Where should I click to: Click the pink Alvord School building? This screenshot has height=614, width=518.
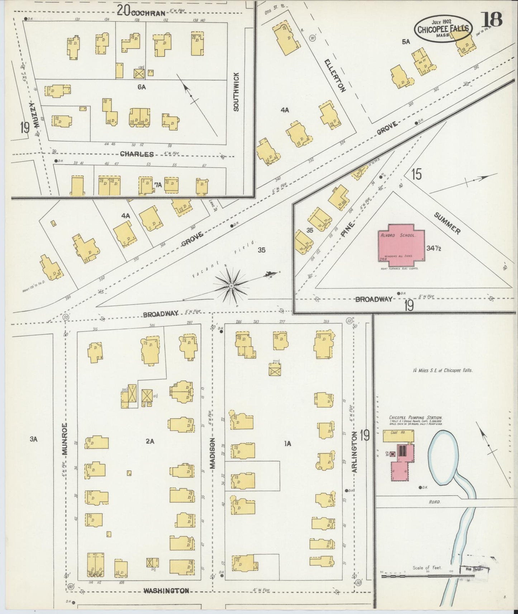pos(401,243)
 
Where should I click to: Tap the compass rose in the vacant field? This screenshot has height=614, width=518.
pos(232,286)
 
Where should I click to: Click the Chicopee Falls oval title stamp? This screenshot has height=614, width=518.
pos(443,29)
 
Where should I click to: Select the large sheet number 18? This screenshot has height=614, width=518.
pos(493,20)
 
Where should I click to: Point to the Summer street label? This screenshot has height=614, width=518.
pos(447,224)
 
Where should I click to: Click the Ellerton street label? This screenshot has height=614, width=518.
pos(335,76)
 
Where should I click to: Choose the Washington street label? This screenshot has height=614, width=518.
pos(166,591)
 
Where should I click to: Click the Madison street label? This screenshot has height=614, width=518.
pos(212,453)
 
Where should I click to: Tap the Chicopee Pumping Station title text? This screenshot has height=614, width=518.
pos(415,418)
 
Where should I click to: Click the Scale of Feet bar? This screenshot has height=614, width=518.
pos(427,576)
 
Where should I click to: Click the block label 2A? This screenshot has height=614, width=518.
pos(150,442)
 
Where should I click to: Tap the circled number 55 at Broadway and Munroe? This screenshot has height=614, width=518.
pos(66,317)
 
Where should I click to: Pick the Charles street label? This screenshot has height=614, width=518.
pos(137,154)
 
